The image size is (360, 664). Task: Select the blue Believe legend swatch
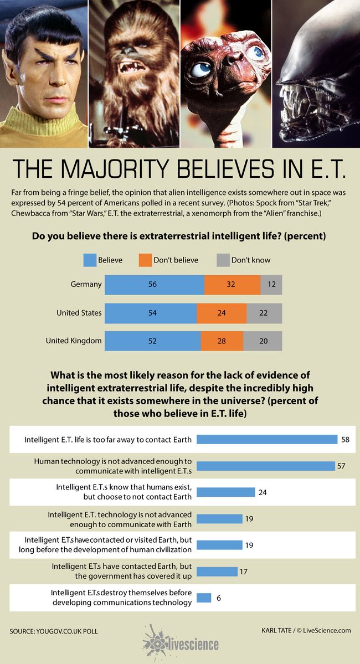point(89,260)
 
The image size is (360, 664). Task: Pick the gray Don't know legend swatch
point(223,260)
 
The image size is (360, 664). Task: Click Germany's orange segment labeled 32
point(232,285)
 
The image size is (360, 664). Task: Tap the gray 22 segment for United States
point(264,313)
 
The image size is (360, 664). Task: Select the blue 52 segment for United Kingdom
point(152,341)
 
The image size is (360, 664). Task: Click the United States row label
point(79,313)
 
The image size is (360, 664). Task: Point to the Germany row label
point(86,285)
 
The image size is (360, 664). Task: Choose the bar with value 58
point(267,439)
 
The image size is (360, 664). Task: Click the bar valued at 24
point(225,492)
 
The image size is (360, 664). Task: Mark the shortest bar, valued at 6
point(204,598)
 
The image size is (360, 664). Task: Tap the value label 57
point(341,466)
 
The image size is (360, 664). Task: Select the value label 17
point(244,572)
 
